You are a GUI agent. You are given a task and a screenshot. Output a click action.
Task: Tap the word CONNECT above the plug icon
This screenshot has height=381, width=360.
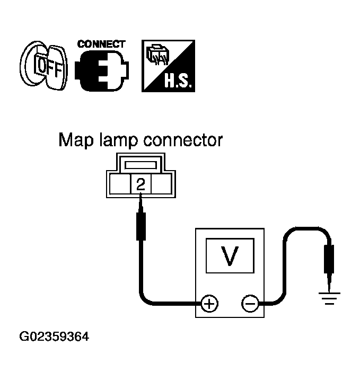click(101, 44)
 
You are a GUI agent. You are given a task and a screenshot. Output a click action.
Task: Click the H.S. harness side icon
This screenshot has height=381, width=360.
click(169, 66)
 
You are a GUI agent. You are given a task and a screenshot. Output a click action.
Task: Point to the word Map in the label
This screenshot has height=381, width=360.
click(74, 140)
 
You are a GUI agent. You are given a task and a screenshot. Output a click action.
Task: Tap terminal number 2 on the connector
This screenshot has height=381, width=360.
click(141, 184)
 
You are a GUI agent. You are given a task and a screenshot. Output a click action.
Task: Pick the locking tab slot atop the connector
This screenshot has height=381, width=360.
click(141, 165)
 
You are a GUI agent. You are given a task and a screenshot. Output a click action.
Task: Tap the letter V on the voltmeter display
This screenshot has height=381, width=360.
click(229, 256)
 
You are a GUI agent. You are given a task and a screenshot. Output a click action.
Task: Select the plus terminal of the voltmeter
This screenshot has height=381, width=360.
click(209, 304)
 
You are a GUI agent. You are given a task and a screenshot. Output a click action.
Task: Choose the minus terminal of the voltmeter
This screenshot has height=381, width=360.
click(250, 304)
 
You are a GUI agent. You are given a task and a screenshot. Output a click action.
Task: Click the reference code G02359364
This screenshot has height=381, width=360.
click(54, 336)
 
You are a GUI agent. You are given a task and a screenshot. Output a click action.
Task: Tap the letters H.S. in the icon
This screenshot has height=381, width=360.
click(180, 81)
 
